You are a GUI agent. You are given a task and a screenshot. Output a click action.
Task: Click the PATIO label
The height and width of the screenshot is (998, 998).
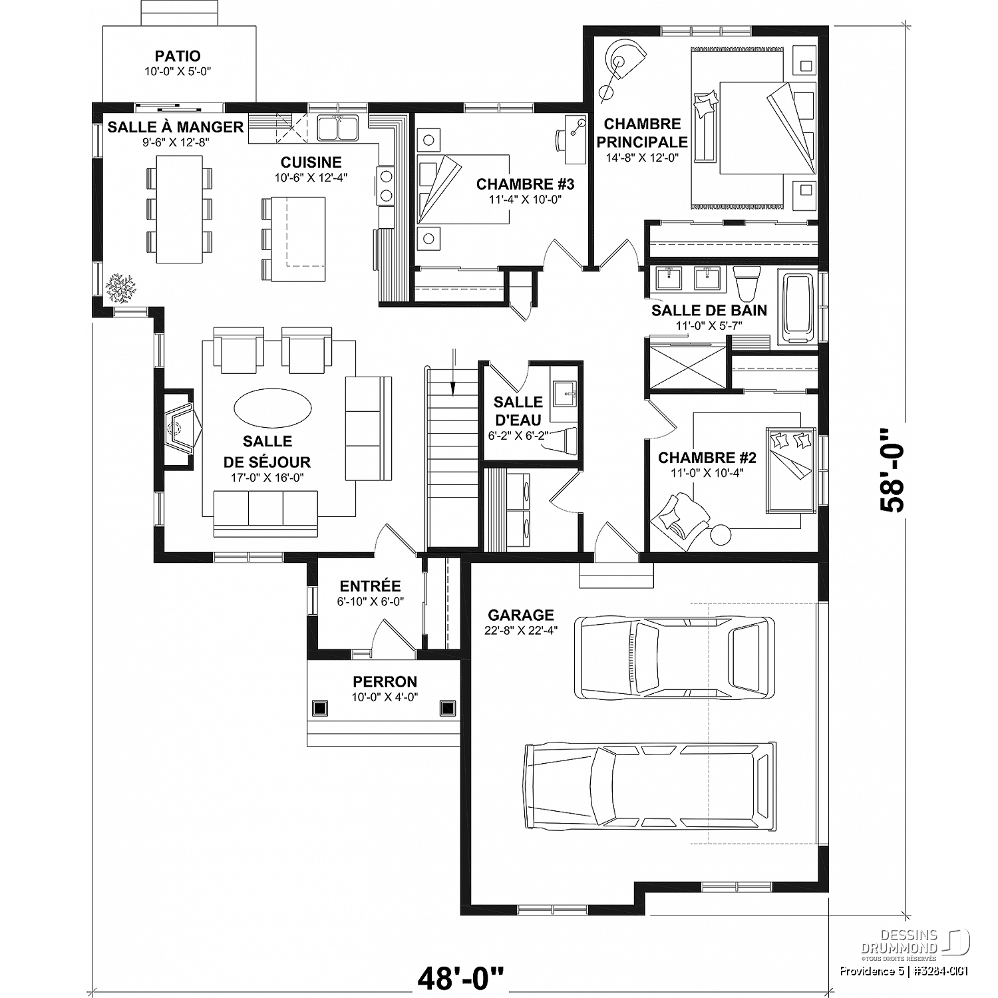pyautogui.click(x=178, y=57)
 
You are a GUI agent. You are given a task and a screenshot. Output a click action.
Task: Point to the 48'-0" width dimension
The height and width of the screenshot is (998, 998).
pyautogui.click(x=461, y=978)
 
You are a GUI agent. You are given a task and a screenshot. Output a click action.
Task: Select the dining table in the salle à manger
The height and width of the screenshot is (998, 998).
pyautogui.click(x=180, y=209)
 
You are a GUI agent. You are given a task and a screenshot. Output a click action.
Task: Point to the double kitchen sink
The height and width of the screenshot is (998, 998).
pyautogui.click(x=338, y=128)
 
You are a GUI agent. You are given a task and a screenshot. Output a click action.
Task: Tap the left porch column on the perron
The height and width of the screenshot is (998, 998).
pyautogui.click(x=320, y=708)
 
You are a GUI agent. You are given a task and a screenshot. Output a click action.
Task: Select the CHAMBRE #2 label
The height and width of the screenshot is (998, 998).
pyautogui.click(x=707, y=458)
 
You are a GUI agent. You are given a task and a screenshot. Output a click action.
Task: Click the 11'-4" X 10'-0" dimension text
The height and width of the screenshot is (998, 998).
pyautogui.click(x=525, y=198)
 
